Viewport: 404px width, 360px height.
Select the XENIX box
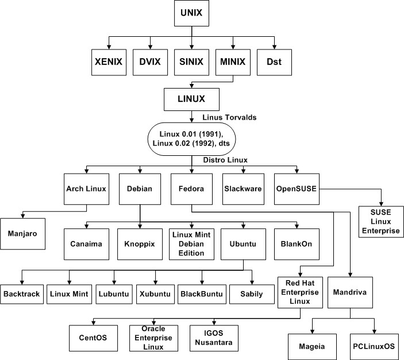click(x=109, y=62)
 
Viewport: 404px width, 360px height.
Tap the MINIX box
click(x=233, y=62)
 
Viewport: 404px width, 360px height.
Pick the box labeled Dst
click(x=273, y=62)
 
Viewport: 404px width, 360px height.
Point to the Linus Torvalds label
click(x=230, y=118)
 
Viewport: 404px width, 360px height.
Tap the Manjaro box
click(x=23, y=234)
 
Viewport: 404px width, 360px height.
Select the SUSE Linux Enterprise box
click(x=380, y=222)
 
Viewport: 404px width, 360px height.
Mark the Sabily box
click(x=250, y=294)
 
